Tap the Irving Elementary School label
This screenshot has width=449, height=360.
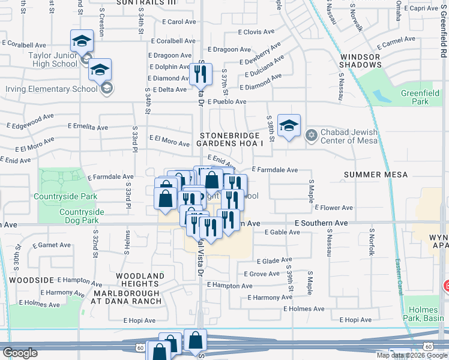(51, 89)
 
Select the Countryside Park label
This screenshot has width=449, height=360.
(65, 196)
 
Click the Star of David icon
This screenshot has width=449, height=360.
(310, 133)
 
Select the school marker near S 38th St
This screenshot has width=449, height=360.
(289, 126)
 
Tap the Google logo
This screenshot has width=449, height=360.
(20, 353)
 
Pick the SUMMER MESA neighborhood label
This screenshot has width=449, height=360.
(376, 175)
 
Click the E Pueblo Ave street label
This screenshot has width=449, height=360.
(227, 102)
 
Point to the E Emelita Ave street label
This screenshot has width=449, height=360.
(88, 127)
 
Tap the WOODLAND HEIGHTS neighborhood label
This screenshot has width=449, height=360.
(139, 280)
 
